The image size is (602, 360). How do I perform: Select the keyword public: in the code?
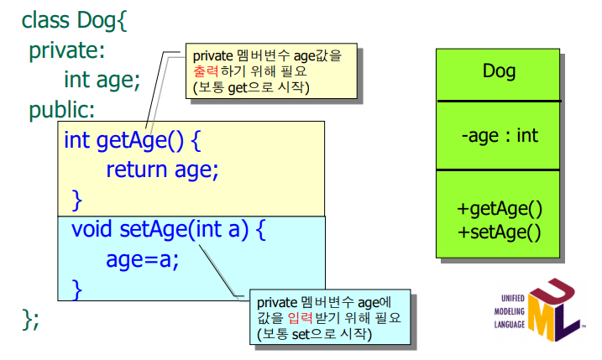click(x=62, y=109)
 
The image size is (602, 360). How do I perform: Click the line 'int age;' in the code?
click(x=102, y=80)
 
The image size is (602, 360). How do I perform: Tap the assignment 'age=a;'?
click(x=143, y=258)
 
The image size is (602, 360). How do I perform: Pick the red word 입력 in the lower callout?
click(x=301, y=318)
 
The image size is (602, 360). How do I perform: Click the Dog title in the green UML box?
click(x=499, y=71)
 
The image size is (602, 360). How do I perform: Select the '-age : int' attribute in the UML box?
click(x=499, y=135)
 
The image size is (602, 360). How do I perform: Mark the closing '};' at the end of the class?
click(x=31, y=319)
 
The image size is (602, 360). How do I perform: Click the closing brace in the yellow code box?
click(x=76, y=199)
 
